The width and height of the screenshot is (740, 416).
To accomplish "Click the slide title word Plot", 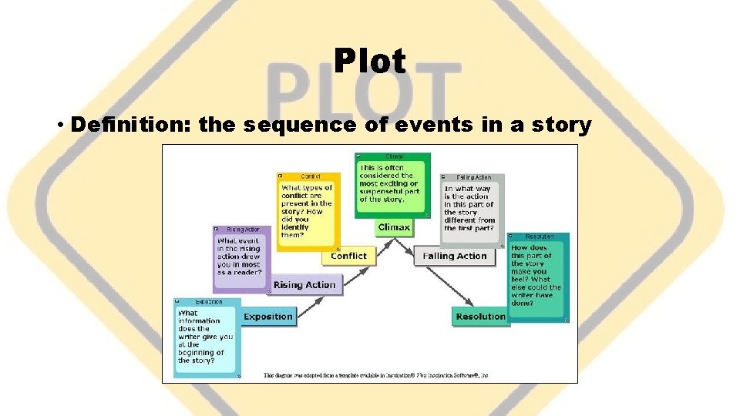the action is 370,61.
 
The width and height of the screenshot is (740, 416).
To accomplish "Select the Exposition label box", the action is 267,317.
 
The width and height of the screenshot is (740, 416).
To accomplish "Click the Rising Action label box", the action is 304,285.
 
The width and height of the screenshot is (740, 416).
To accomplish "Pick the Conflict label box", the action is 348,256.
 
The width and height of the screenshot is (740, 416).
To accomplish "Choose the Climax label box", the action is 394,227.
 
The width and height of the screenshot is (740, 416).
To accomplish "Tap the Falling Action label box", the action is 454,256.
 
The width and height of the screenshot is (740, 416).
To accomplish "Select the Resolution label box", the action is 480,317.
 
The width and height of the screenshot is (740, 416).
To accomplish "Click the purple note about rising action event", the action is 241,260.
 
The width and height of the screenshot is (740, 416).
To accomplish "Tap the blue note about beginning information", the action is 206,339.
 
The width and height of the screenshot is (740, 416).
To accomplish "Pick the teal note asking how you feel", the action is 537,279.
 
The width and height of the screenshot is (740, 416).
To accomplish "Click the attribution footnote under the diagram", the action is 377,376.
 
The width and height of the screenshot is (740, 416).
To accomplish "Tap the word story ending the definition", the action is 563,126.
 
